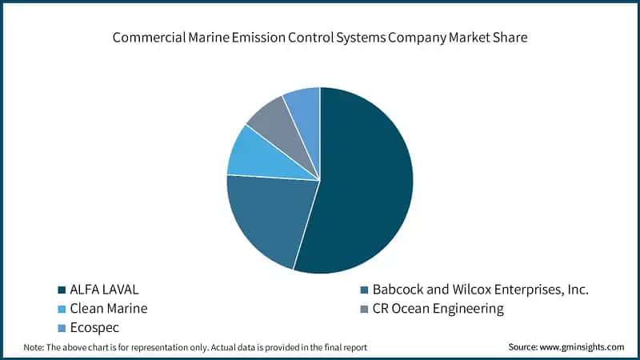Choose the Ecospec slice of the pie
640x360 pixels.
tap(304, 108)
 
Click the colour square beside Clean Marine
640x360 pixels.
tap(61, 309)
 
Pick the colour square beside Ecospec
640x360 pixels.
tap(61, 328)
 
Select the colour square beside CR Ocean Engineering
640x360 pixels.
tap(365, 309)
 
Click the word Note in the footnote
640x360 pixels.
tap(33, 346)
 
